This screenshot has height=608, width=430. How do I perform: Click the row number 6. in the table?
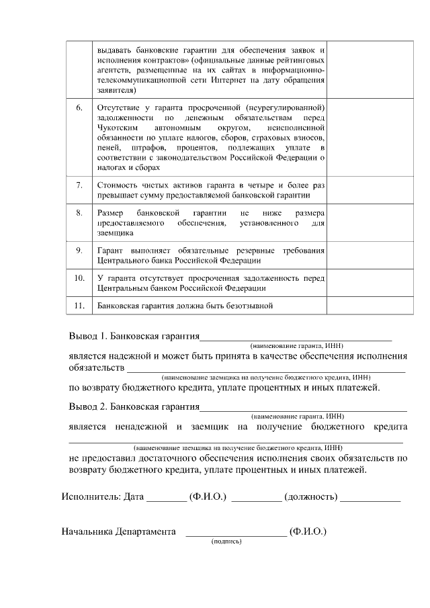coord(79,107)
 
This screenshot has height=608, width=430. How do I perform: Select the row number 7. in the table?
coord(79,184)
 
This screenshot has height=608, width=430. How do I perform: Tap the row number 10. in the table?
coord(79,277)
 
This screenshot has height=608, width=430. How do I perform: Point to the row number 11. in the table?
coord(79,306)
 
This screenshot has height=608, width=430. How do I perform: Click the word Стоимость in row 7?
coord(118,184)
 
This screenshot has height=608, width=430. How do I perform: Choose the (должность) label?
coord(310,497)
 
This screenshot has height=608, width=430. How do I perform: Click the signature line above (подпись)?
coord(235,534)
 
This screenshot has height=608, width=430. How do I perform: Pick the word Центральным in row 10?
coord(126,288)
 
